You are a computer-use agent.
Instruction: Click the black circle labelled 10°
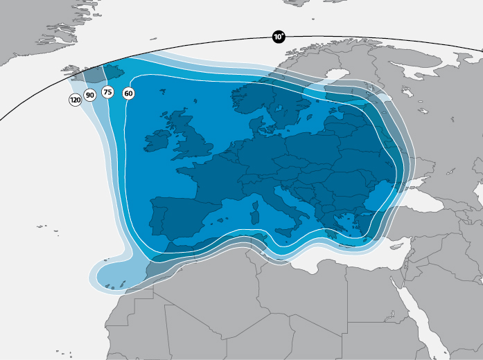pyautogui.click(x=279, y=37)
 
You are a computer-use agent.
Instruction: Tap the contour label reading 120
pyautogui.click(x=75, y=100)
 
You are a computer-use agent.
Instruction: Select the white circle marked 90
pyautogui.click(x=90, y=95)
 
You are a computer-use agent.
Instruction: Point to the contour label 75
pyautogui.click(x=107, y=91)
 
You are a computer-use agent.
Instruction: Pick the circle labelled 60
pyautogui.click(x=128, y=93)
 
